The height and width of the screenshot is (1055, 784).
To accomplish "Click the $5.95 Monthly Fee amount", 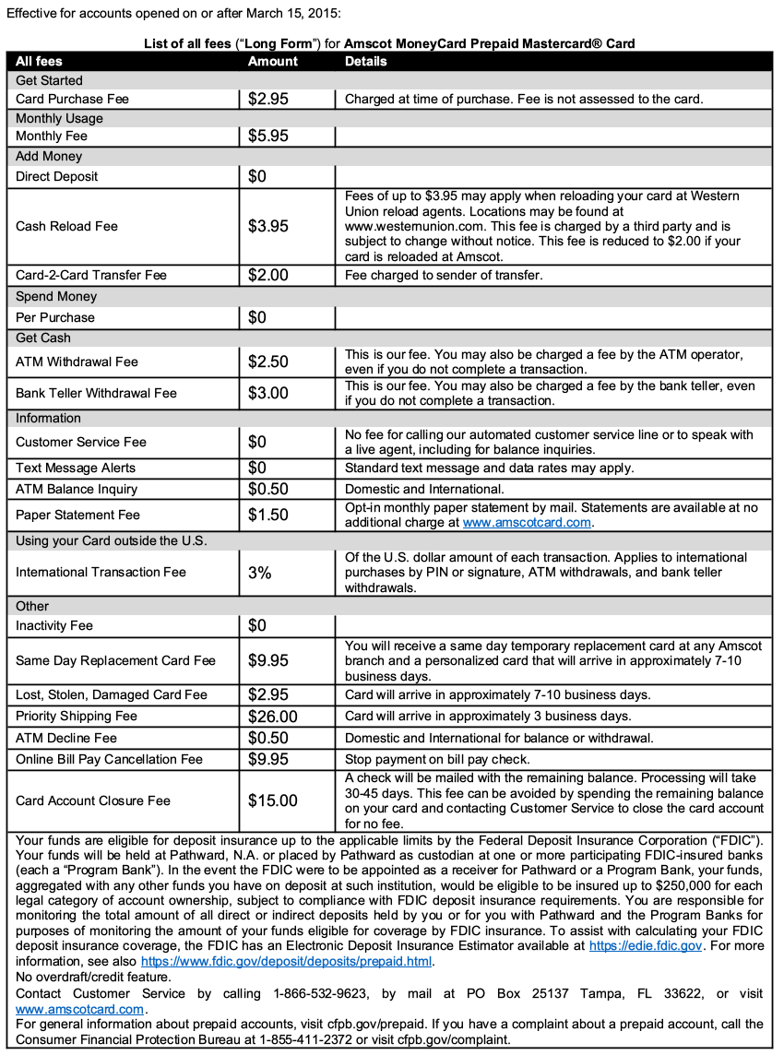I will [x=268, y=136].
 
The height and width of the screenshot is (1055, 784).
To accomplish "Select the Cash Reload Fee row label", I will [x=66, y=226].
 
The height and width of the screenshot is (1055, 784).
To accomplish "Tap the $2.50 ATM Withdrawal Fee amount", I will [x=268, y=362].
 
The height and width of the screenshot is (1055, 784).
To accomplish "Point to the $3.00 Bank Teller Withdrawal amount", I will [x=268, y=393].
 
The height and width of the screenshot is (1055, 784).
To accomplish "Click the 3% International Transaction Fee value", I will [x=259, y=573].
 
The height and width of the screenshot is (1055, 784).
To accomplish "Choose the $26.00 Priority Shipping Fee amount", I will [x=272, y=717].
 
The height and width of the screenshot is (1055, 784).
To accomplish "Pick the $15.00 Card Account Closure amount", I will [x=272, y=800].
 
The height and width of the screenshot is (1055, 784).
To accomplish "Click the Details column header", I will [x=366, y=61].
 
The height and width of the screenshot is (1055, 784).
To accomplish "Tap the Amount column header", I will [x=273, y=61].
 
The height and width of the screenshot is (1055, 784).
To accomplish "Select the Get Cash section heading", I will [x=43, y=338].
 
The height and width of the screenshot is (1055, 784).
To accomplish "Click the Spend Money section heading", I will [x=56, y=297].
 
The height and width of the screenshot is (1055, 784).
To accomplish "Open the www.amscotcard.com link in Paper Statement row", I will [x=526, y=523].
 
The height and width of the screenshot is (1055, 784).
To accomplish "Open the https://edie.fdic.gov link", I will [x=646, y=946].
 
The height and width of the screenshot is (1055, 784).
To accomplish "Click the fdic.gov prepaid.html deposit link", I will [x=286, y=961].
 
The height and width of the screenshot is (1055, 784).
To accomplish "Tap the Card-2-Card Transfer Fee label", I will [x=91, y=275].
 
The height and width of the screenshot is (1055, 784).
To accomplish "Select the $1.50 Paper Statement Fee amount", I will [x=268, y=515].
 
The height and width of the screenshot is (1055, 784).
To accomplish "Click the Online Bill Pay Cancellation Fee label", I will [x=109, y=760].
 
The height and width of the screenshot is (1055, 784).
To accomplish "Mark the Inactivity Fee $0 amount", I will [x=256, y=625].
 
